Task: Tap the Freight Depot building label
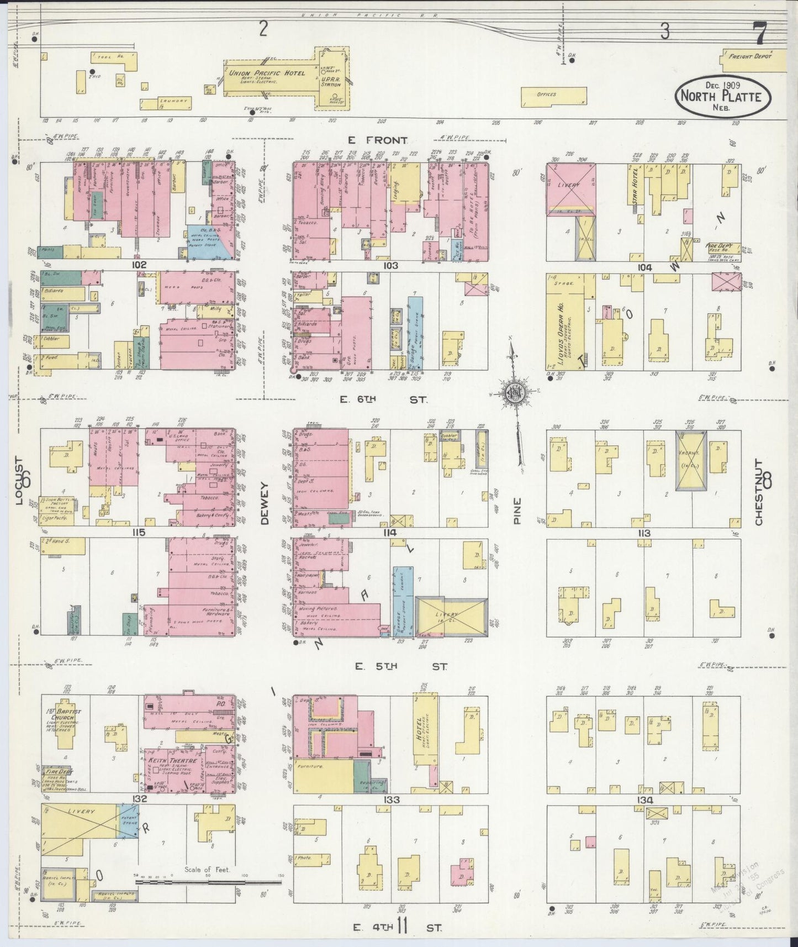tap(750, 56)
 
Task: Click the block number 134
tap(644, 800)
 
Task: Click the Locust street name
tap(20, 480)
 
